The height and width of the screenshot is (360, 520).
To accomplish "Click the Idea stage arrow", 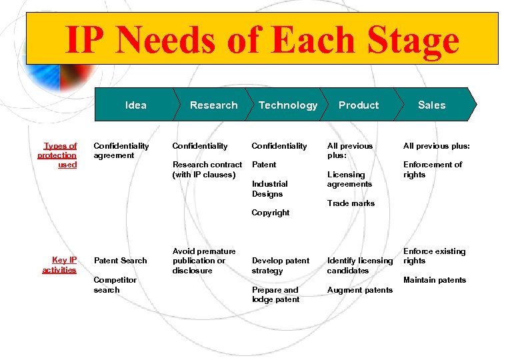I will pos(136,105).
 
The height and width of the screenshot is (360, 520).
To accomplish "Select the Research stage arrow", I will pos(213,105).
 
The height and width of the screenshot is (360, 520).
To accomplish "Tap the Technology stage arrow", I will pos(288,105).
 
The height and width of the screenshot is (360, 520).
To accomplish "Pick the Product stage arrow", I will pos(359,105).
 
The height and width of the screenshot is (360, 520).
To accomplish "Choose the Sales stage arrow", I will pos(432,105).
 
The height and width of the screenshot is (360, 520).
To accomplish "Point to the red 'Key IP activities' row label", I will pos(59,265).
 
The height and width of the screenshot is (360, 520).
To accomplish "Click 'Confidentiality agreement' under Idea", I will pos(121,150).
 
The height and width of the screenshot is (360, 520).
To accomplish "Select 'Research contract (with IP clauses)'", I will pos(207,169).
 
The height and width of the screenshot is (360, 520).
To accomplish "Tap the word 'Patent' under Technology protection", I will pos(264,164).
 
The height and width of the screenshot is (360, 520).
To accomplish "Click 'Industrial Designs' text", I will pos(269,189).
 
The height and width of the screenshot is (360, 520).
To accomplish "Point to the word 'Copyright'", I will pos(271,213).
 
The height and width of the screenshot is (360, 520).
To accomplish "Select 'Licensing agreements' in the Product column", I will pos(349,179).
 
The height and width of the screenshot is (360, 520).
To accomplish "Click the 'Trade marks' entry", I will pos(351,203).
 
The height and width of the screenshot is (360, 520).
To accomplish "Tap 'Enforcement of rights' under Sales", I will pos(433,169).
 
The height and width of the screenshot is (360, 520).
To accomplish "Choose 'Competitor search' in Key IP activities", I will pos(115,285).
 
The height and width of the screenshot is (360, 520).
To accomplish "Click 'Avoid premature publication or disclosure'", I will pos(203,261).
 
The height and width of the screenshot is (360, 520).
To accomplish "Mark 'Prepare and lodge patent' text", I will pos(275,295).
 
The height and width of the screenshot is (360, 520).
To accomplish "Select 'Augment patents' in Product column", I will pos(359,290).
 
